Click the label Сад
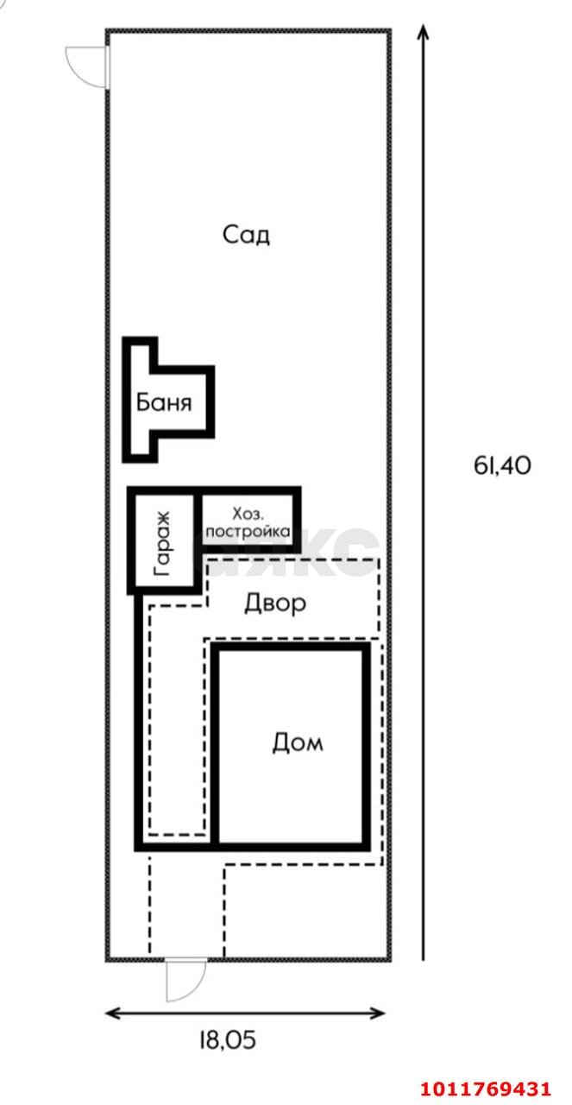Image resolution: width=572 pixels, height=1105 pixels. tap(246, 235)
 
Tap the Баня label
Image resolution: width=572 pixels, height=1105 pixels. tap(164, 402)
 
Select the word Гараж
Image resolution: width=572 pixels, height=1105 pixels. tap(163, 544)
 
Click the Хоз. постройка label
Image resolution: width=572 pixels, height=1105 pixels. tap(248, 523)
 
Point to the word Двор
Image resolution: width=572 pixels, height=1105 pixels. tap(275, 603)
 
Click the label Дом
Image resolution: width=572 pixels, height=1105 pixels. tap(298, 742)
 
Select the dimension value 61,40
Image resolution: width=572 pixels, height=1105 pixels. tap(502, 465)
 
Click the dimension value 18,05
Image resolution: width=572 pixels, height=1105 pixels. tap(228, 1040)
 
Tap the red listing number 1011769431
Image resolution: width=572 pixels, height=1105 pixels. tap(485, 1088)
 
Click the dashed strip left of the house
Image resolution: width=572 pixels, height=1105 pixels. tap(177, 720)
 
